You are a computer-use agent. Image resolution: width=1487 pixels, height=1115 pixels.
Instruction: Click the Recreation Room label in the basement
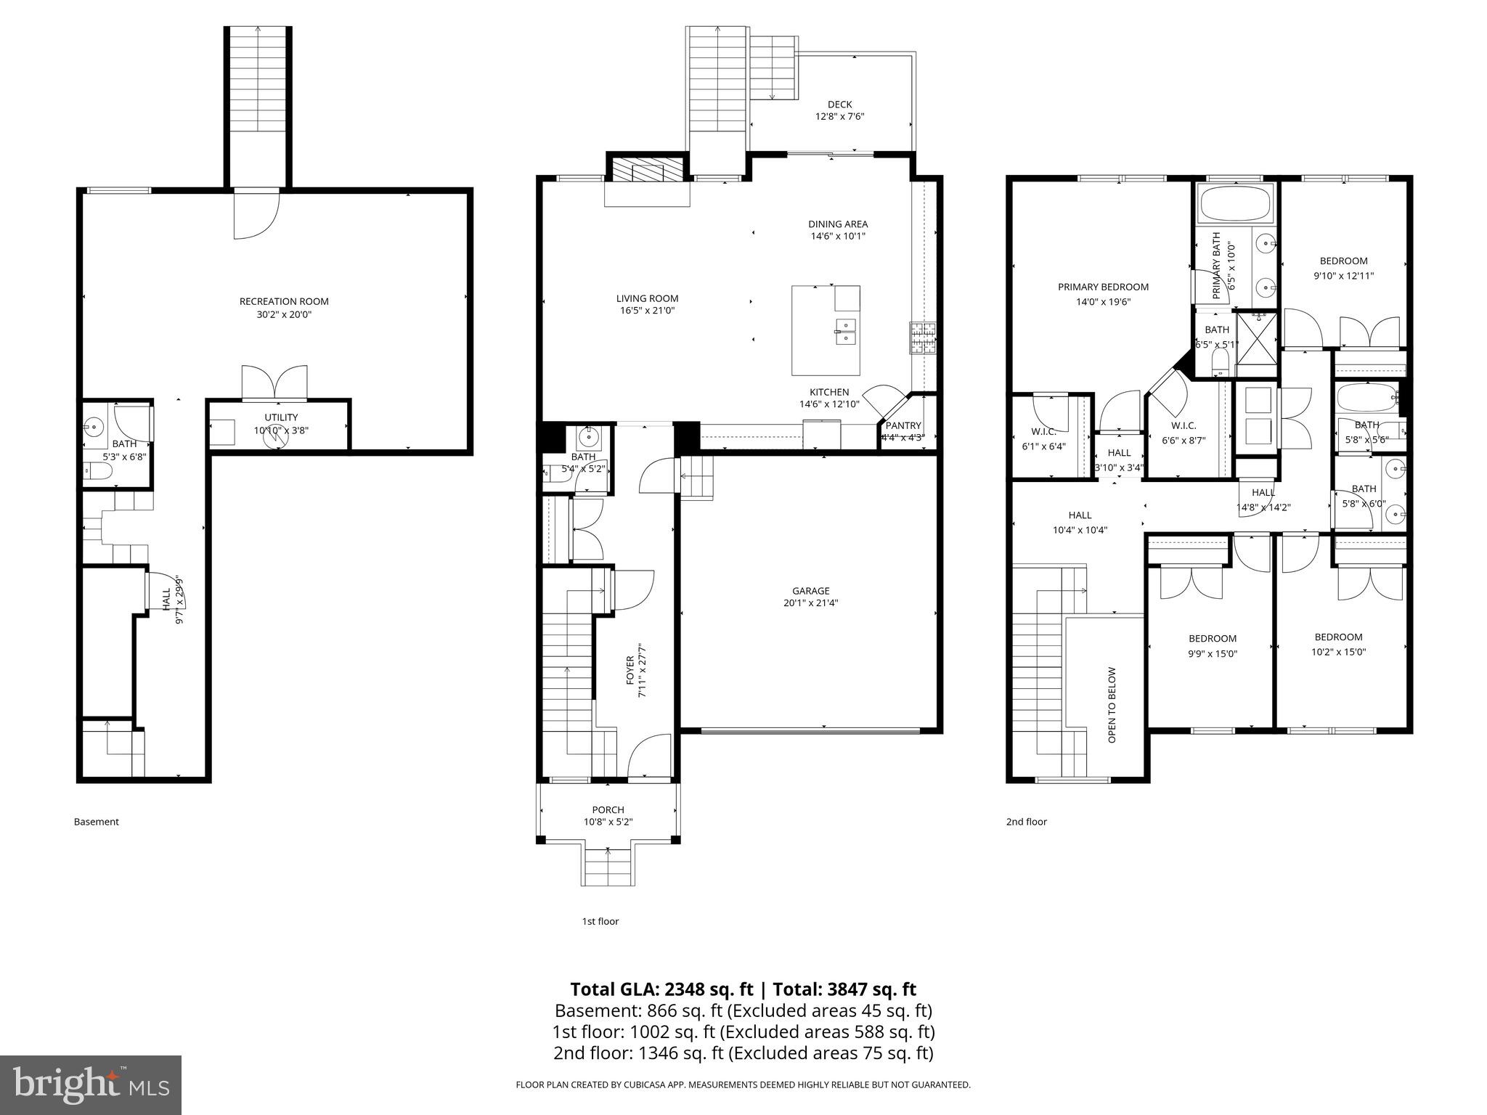[284, 301]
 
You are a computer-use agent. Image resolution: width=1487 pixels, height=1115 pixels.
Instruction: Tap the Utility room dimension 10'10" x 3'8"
[281, 430]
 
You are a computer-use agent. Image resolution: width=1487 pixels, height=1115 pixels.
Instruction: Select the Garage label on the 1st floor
[810, 590]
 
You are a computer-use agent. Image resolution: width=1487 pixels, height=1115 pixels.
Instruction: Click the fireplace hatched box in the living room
[647, 171]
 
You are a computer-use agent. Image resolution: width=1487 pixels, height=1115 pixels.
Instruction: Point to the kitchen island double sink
[845, 330]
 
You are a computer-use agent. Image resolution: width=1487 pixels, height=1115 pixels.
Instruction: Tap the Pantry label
[903, 425]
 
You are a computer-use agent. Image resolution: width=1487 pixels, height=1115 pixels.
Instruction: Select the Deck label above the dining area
[839, 105]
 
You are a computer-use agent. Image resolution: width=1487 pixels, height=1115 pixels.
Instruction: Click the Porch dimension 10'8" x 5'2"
[608, 822]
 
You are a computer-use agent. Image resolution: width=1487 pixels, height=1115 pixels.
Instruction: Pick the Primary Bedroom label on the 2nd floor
[1103, 287]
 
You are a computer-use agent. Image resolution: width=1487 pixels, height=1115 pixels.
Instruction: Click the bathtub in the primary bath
[1236, 203]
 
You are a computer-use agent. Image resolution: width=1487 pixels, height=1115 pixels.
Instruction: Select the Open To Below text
[1112, 705]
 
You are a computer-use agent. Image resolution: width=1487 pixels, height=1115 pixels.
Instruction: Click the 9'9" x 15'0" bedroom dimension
[1212, 653]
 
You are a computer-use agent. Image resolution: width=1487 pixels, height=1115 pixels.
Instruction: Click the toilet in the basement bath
[98, 473]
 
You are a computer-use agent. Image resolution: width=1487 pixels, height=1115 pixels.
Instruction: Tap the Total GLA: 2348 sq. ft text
[664, 989]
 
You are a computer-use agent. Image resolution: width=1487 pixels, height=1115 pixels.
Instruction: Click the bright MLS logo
[90, 1085]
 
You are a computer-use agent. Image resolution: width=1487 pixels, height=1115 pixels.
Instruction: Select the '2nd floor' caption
[1026, 822]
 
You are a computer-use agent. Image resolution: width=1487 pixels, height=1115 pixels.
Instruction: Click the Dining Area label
[838, 224]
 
